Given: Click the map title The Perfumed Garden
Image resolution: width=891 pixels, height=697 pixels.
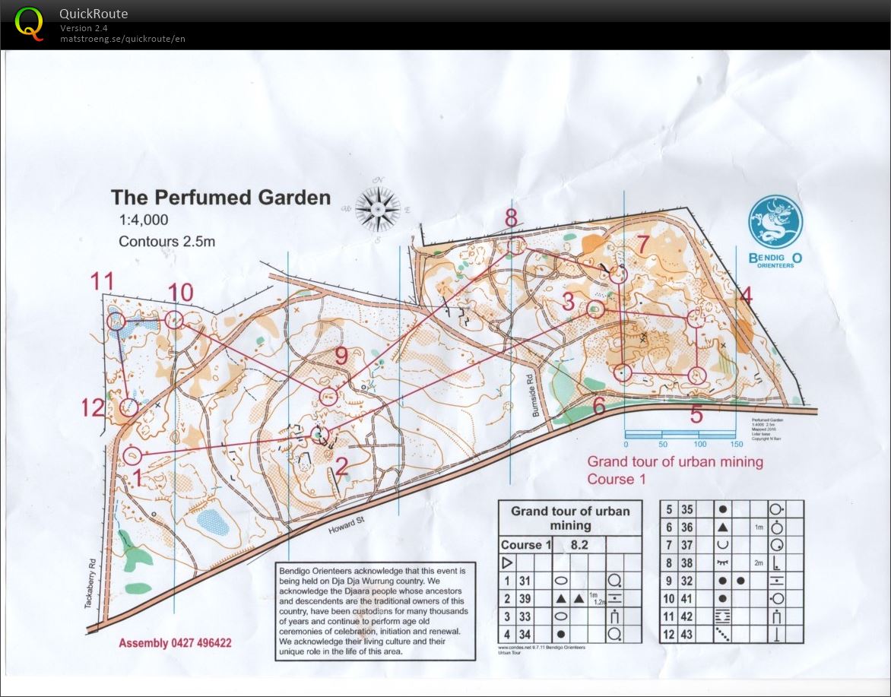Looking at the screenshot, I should click(x=220, y=198).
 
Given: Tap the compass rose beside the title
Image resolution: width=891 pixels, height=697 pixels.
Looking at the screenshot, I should click(x=378, y=207).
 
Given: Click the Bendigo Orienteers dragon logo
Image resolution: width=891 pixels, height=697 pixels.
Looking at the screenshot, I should click(x=775, y=222).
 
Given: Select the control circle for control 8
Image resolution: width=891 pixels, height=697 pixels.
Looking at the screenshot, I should click(x=516, y=246).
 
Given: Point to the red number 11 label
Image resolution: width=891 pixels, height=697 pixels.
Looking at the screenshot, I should click(x=102, y=282).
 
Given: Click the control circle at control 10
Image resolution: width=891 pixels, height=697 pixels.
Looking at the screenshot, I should click(x=174, y=320).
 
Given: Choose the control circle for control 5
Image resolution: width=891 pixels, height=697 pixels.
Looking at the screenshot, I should click(x=697, y=375).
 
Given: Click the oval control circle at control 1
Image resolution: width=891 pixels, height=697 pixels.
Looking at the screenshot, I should click(x=132, y=456).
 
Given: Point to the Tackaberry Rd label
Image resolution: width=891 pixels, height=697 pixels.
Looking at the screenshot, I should click(x=90, y=584).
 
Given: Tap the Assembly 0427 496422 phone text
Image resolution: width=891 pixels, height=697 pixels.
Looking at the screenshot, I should click(x=175, y=643).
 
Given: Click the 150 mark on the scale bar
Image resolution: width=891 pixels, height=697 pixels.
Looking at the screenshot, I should click(x=735, y=444).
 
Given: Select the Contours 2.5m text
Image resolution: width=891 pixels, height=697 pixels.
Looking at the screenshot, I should click(x=166, y=242).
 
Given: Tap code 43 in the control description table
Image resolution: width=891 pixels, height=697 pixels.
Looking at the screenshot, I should click(x=686, y=634).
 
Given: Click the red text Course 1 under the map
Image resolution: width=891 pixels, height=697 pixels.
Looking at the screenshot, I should click(x=616, y=479).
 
